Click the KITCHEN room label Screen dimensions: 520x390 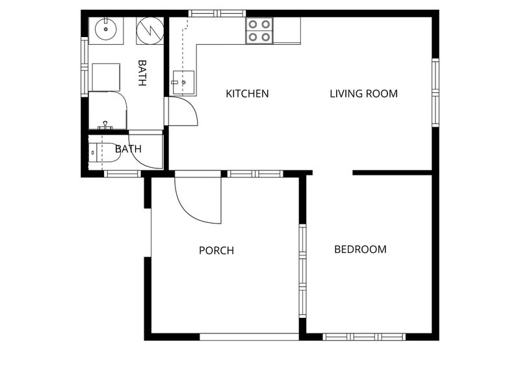pos(247,94)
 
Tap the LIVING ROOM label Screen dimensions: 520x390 pos(364,94)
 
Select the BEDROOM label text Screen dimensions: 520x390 pos(361,250)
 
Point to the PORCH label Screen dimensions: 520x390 pos(216,250)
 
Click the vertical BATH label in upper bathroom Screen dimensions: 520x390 pos(142,73)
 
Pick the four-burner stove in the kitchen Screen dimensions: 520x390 pos(259,31)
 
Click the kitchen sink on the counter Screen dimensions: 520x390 pos(183,83)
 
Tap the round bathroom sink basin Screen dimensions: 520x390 pos(106,29)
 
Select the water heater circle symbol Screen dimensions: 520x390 pos(150,31)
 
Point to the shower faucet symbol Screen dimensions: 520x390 pos(105,125)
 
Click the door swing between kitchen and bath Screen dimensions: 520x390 pos(192,106)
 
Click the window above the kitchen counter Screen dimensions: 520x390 pos(217,14)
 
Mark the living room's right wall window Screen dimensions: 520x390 pos(435,92)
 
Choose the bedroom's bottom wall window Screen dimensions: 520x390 pos(364,337)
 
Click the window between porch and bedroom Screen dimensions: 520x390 pos(302,271)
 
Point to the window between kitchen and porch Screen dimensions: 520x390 pos(255,174)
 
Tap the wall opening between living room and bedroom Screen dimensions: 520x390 pos(332,173)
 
